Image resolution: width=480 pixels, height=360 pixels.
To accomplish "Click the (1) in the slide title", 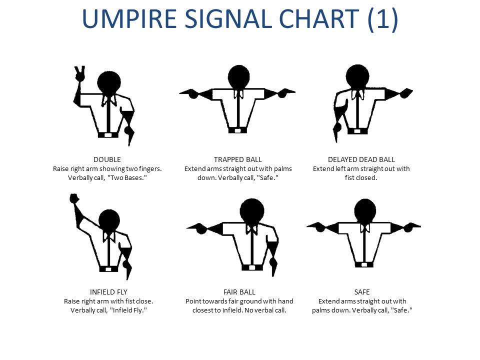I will point(382,19).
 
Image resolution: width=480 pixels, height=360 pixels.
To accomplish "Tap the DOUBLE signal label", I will point(107,159).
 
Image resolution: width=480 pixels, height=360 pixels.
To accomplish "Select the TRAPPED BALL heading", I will point(238,159).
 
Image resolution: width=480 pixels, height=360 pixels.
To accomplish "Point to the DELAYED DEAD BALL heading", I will point(361,159).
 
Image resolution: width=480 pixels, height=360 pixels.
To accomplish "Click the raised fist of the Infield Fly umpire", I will point(74,199).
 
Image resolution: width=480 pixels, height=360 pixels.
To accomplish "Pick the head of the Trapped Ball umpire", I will point(238,76).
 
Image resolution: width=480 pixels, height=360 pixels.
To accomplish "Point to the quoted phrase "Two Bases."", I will point(128,178).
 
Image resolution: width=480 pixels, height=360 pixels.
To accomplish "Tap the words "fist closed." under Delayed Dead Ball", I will point(361,178).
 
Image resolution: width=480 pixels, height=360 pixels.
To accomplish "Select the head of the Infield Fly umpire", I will point(108,220).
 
